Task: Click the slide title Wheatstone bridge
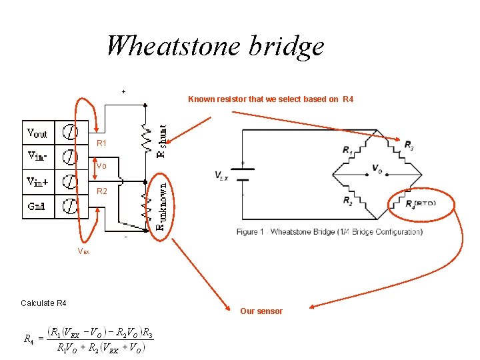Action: (x=215, y=46)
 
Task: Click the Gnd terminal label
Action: (x=37, y=205)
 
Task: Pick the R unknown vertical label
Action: (x=161, y=202)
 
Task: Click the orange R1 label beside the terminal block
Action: (x=101, y=143)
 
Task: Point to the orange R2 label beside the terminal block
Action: (x=101, y=192)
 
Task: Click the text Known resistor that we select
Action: (x=270, y=99)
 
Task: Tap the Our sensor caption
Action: (x=261, y=311)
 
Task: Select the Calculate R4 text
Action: (x=43, y=303)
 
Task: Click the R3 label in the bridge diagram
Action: (x=408, y=145)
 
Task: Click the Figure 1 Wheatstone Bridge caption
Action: (x=329, y=232)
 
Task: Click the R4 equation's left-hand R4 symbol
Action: (x=29, y=340)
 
